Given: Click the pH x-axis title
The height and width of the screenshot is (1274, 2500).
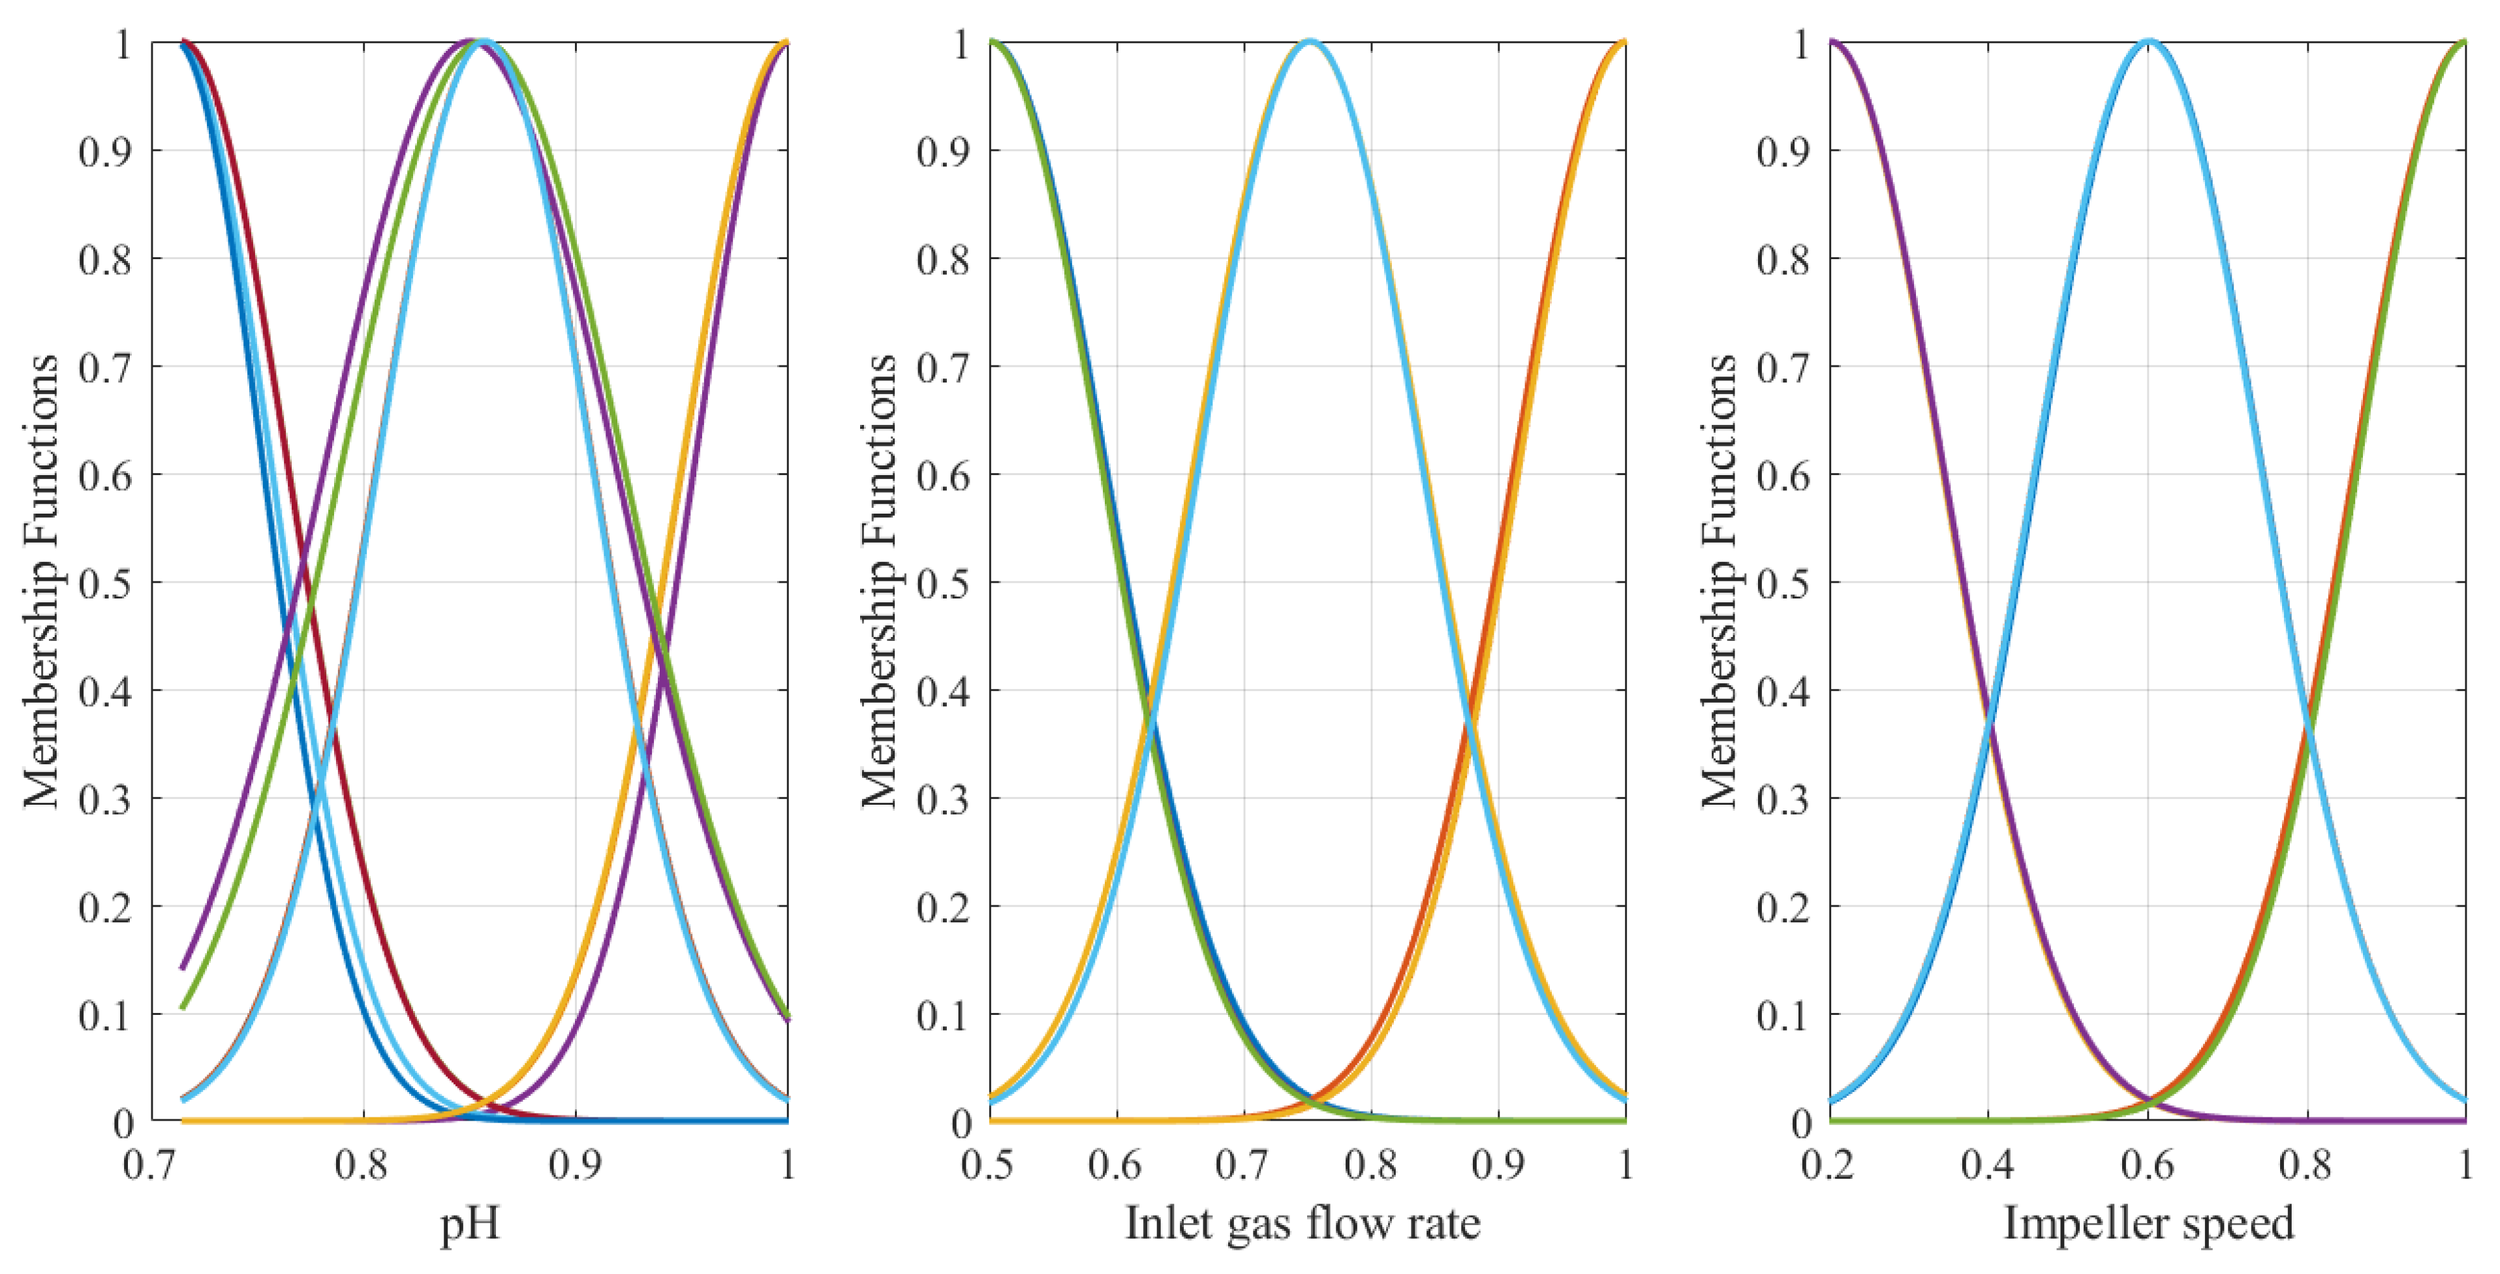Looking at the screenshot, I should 470,1224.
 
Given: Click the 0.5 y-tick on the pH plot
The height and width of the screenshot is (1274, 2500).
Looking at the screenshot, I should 105,584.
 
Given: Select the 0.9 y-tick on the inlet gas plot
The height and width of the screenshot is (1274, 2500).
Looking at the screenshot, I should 944,151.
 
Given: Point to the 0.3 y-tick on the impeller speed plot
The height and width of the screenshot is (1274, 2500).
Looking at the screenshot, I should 1783,801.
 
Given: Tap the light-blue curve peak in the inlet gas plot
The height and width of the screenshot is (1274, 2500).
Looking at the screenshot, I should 1309,42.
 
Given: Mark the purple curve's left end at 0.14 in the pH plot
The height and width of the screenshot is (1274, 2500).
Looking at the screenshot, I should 183,967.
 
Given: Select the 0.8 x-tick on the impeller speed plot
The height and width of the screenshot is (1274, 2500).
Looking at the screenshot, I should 2306,1164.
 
